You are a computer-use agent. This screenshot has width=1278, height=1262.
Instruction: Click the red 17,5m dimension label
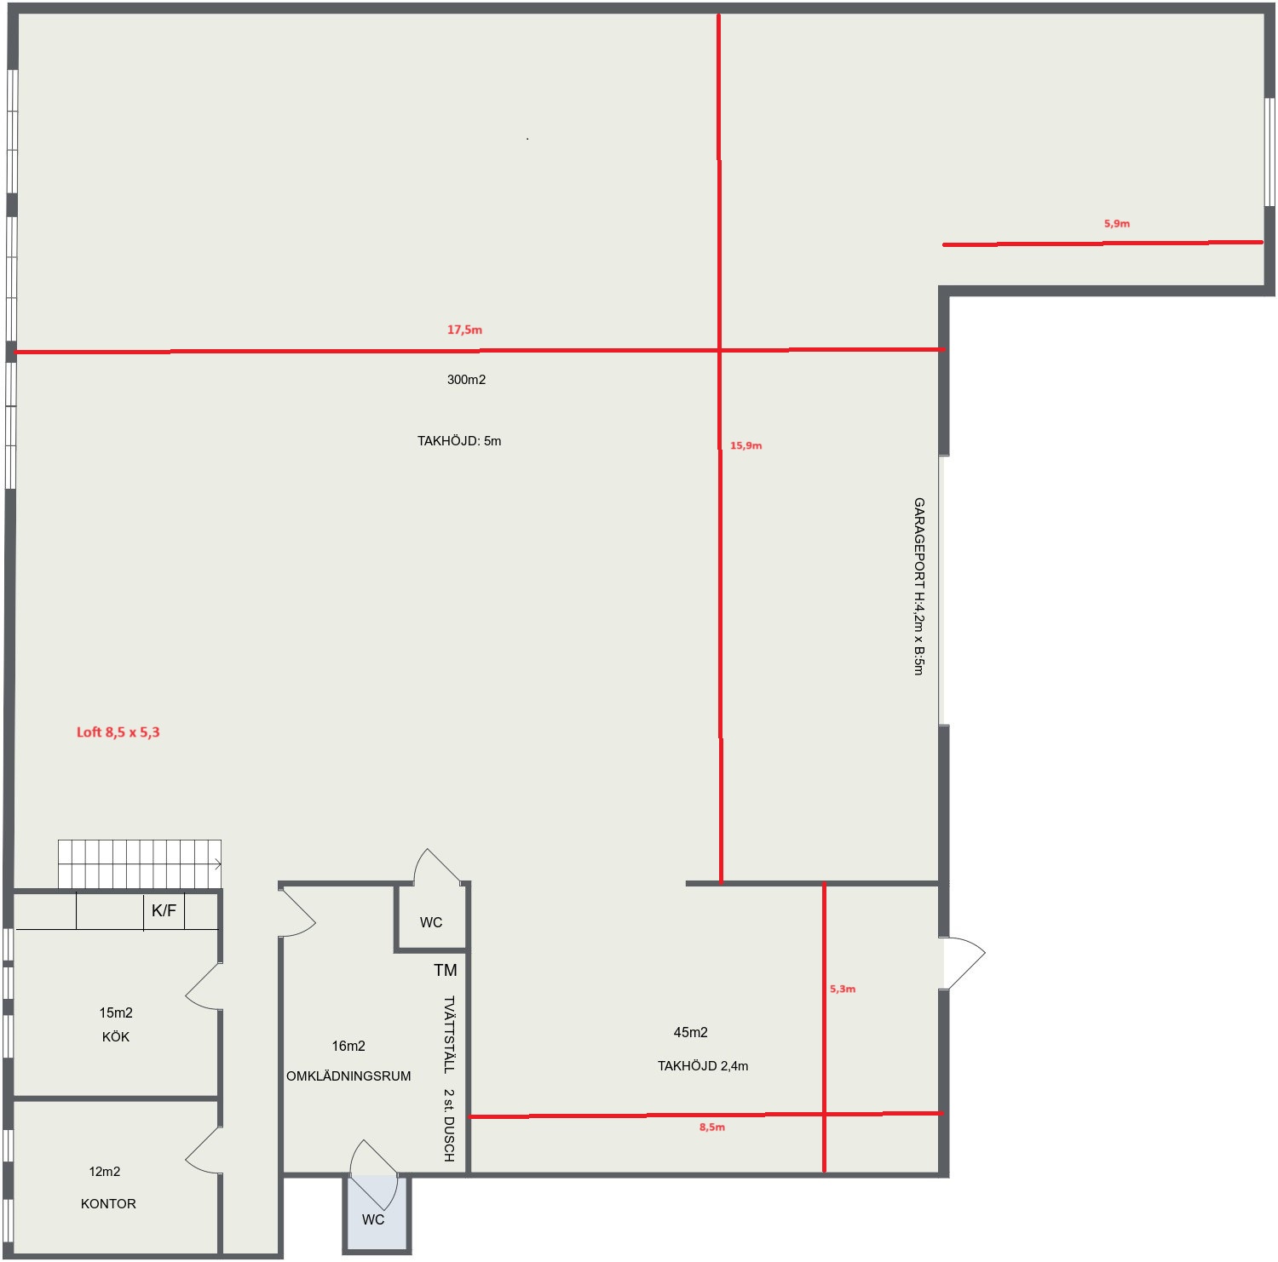click(464, 330)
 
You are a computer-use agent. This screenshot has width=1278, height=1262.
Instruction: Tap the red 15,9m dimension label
click(745, 445)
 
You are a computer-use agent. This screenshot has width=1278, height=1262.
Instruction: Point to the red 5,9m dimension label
click(1117, 224)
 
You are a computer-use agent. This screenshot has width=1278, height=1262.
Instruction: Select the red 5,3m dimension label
click(843, 989)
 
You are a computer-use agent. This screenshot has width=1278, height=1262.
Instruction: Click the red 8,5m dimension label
click(712, 1127)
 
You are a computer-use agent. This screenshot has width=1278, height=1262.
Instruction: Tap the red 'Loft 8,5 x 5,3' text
click(118, 732)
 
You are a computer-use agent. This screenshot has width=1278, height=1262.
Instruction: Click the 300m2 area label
click(466, 380)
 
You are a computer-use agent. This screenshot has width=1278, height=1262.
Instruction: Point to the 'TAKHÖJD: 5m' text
click(459, 441)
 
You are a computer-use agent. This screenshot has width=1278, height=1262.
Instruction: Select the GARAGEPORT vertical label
click(918, 587)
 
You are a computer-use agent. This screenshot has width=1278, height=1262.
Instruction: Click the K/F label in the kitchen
click(164, 911)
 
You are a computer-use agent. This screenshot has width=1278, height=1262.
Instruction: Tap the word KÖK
click(116, 1036)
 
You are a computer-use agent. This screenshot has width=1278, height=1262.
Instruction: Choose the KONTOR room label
click(108, 1203)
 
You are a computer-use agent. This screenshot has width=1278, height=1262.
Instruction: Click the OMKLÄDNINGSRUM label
click(348, 1076)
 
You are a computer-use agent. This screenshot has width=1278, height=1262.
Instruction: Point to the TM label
click(446, 970)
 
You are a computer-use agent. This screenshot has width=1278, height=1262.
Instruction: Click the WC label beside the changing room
click(431, 922)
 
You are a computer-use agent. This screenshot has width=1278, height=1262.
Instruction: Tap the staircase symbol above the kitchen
click(140, 864)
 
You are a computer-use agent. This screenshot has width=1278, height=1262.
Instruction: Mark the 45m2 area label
click(691, 1032)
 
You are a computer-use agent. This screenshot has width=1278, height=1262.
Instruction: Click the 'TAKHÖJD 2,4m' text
click(703, 1066)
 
